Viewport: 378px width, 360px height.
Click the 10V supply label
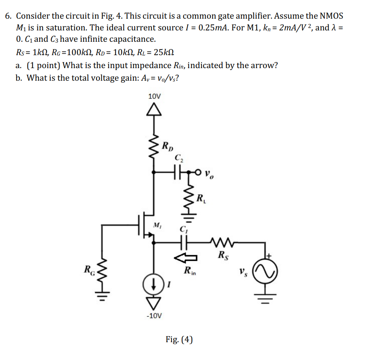(155, 96)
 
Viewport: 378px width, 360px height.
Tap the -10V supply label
(155, 316)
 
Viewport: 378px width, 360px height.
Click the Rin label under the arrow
(189, 270)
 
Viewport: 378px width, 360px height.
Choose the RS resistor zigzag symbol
(223, 243)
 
